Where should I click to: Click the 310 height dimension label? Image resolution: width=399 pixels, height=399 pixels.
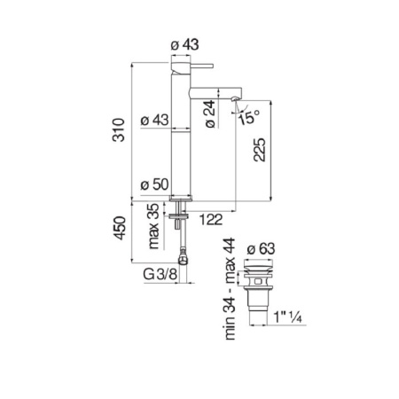[x=119, y=129]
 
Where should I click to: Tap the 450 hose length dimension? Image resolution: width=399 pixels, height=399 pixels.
[x=121, y=228]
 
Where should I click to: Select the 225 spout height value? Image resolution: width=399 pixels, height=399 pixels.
[x=260, y=150]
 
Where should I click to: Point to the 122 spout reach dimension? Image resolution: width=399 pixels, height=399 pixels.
[x=211, y=220]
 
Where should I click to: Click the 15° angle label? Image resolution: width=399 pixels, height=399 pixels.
[x=248, y=118]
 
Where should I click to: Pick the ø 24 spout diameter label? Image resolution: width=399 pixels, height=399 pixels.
[x=210, y=113]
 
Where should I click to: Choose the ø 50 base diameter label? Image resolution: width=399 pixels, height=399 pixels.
[x=154, y=184]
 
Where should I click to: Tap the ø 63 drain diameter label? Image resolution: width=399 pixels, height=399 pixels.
[x=261, y=248]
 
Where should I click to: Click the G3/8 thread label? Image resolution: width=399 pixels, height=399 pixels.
[x=160, y=274]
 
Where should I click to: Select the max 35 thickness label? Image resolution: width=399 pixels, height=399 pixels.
[x=153, y=226]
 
